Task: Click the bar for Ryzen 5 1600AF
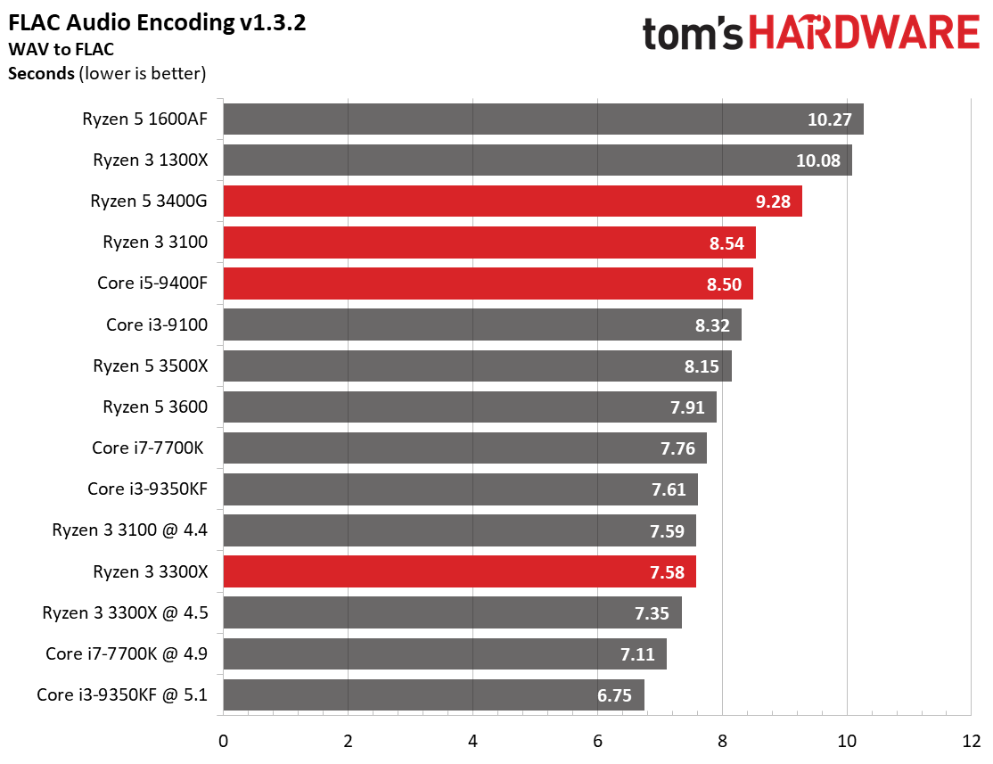[542, 119]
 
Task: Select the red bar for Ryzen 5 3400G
[512, 201]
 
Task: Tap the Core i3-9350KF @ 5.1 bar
[433, 695]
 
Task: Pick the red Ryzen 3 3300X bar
[459, 571]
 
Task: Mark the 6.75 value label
[614, 695]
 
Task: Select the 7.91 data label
[687, 407]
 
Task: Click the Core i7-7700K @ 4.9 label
[127, 654]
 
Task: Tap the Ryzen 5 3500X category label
[150, 366]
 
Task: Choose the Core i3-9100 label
[157, 324]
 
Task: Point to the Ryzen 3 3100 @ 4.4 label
[130, 530]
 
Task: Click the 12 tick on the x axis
[971, 740]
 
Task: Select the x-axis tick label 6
[597, 740]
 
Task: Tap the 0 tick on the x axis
[223, 740]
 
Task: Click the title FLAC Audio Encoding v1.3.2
[157, 22]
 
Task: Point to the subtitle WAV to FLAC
[61, 49]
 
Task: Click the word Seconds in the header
[41, 73]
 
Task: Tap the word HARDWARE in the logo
[864, 34]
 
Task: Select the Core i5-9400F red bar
[488, 284]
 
